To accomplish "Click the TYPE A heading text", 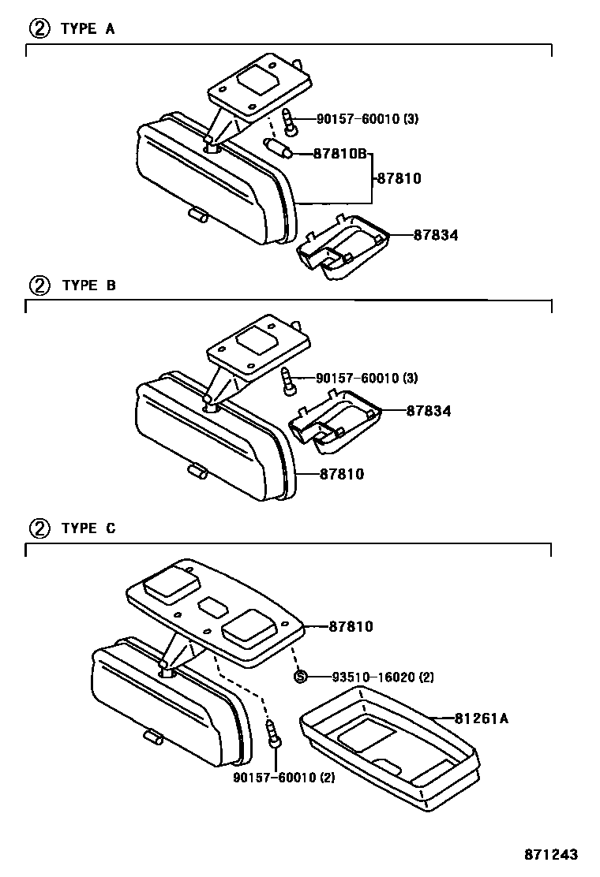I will click(x=88, y=29).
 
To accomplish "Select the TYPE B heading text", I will click(x=88, y=285).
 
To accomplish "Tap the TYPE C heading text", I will click(x=88, y=528).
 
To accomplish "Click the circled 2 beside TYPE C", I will click(x=39, y=528).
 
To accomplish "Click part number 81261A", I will click(x=481, y=718).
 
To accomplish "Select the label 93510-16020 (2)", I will click(x=382, y=677).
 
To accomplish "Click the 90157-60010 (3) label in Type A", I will click(x=367, y=120).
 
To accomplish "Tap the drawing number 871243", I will click(x=552, y=855).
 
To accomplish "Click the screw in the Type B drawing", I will click(x=289, y=380).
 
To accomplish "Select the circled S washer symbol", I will click(x=300, y=676).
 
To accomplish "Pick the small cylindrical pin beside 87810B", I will click(x=278, y=147).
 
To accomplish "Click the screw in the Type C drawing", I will click(x=273, y=733).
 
